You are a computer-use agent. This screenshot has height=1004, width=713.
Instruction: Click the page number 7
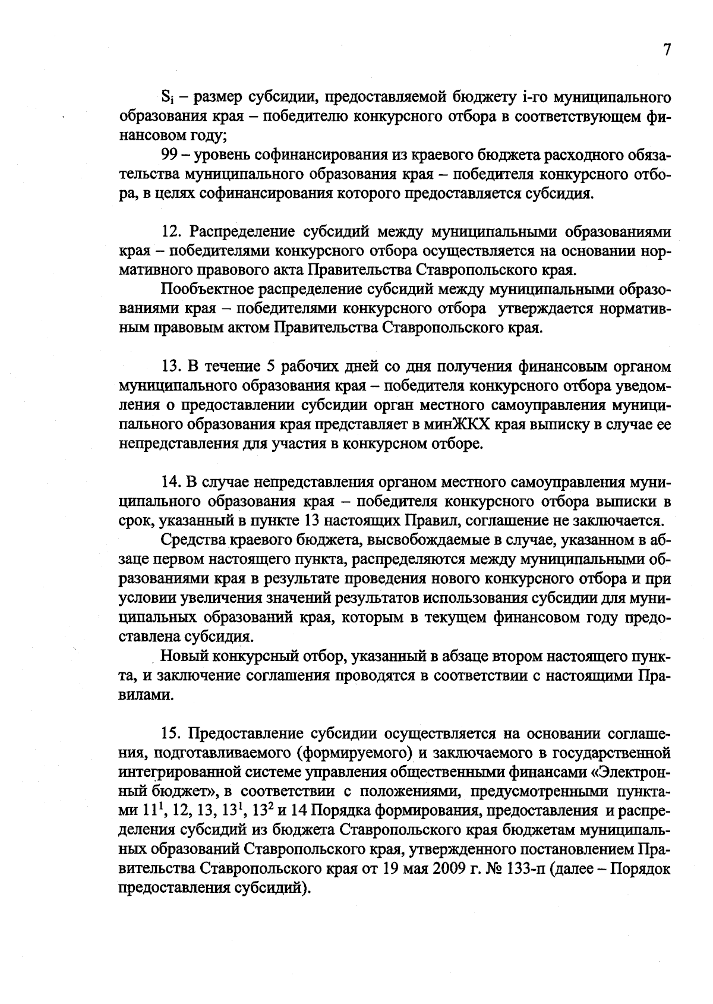click(667, 51)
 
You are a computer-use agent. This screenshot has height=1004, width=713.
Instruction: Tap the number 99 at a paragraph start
click(170, 156)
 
